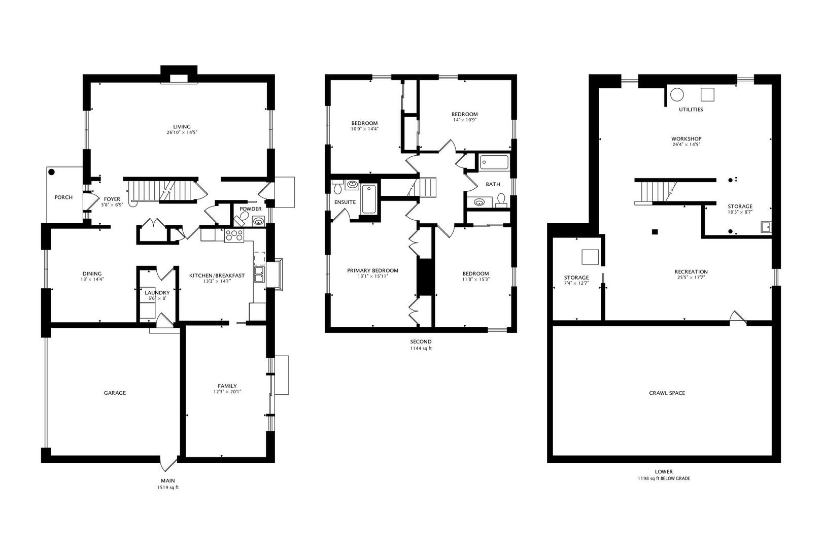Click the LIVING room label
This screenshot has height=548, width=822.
[182, 127]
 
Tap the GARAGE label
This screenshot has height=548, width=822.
[115, 393]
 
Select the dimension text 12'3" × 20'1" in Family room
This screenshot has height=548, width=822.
[227, 392]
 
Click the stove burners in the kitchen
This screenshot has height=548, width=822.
[234, 235]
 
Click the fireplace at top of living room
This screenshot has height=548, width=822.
[179, 78]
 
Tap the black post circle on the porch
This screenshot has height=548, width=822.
[52, 173]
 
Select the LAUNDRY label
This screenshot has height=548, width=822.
[157, 293]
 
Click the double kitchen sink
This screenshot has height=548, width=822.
[260, 275]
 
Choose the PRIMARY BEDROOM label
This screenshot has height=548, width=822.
[372, 270]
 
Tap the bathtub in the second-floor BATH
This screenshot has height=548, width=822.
[494, 162]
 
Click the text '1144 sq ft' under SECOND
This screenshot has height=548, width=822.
[421, 349]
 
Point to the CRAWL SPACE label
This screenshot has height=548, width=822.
[666, 393]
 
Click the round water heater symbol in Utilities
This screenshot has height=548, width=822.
[677, 94]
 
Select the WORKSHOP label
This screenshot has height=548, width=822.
[686, 139]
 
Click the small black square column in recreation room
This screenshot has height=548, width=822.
[655, 232]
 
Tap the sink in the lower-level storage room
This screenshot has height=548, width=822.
[766, 227]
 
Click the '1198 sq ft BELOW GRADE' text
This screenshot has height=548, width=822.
[664, 478]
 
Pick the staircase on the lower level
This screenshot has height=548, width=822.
[657, 192]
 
